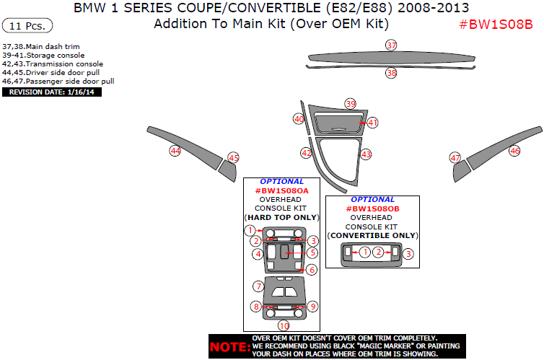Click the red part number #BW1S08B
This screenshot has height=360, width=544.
(x=496, y=24)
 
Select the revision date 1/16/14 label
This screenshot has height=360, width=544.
(x=52, y=92)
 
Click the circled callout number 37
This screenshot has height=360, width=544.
(x=391, y=45)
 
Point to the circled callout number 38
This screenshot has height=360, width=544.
(x=391, y=73)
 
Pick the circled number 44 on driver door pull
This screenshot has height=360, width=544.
(x=175, y=151)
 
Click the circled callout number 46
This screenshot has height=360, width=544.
(x=514, y=151)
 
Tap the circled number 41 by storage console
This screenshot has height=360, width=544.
(x=372, y=123)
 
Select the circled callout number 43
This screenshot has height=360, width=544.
(x=366, y=154)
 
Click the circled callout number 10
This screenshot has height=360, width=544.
(x=284, y=326)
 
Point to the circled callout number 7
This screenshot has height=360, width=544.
(x=258, y=286)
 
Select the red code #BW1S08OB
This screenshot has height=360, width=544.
(x=372, y=208)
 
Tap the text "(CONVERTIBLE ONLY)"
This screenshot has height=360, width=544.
(x=372, y=235)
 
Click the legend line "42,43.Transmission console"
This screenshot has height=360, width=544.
(x=53, y=64)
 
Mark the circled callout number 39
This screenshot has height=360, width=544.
(x=351, y=104)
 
